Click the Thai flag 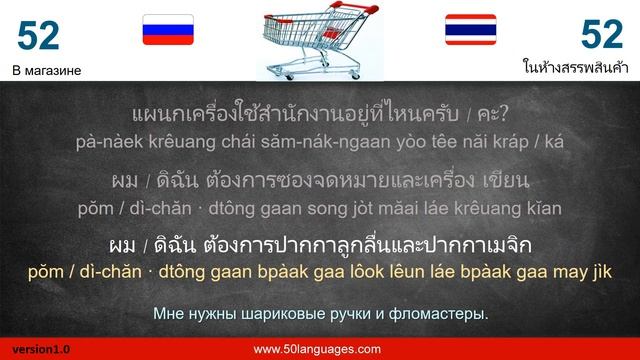pos(470,32)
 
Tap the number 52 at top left pos(39,36)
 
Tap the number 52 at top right pos(602,36)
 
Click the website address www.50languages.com pos(317,349)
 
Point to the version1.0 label pos(36,349)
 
